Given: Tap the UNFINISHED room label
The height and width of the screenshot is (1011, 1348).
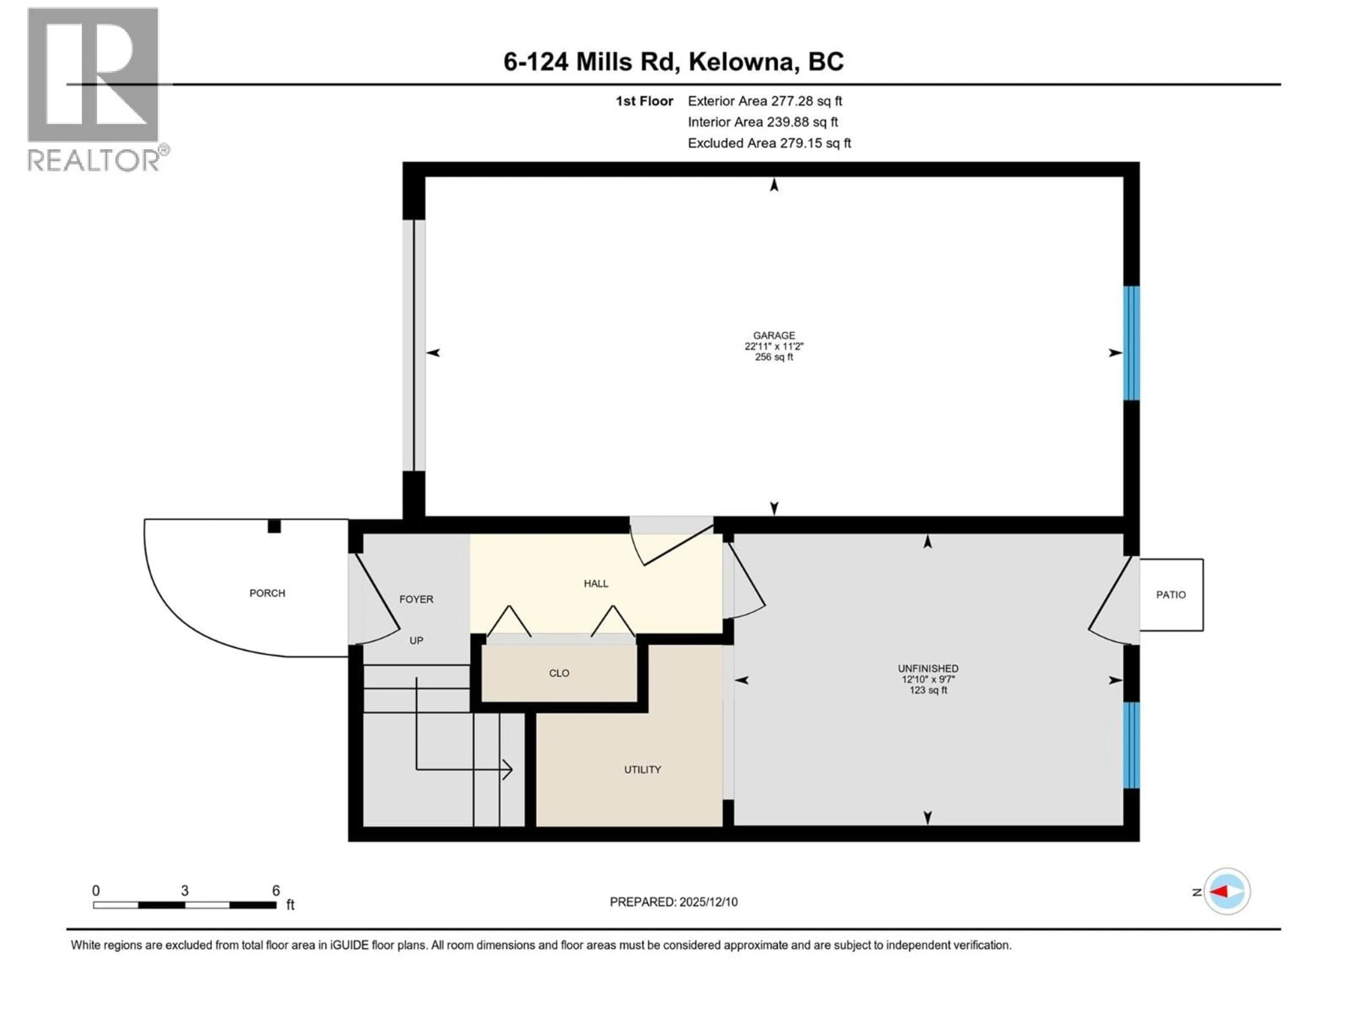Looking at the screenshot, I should pos(927,668).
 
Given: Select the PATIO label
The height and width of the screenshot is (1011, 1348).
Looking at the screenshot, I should pos(1171,595).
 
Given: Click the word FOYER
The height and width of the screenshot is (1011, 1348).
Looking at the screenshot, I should pos(416,599).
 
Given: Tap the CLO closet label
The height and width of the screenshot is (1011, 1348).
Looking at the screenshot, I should pos(559,673).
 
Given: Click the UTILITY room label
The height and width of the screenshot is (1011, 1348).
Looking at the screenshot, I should pos(642,770).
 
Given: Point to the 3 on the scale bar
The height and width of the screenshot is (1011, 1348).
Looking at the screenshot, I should pos(185,890).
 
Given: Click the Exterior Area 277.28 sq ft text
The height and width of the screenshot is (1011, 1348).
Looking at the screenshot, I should pos(765,101).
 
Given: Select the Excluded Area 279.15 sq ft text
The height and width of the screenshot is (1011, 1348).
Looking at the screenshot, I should pos(769,143).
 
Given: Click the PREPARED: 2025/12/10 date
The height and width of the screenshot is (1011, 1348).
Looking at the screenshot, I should pos(673,902).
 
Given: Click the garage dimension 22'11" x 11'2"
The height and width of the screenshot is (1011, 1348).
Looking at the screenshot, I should pos(774,346).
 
